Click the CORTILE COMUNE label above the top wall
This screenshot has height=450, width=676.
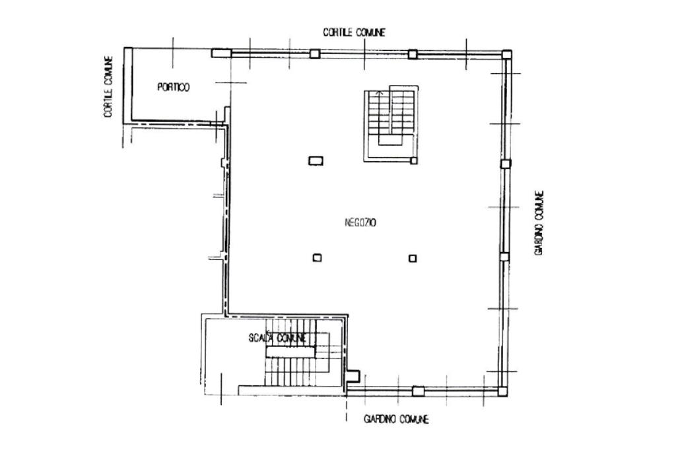pyautogui.click(x=354, y=32)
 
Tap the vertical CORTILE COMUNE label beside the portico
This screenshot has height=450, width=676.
pyautogui.click(x=108, y=86)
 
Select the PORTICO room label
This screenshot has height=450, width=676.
pyautogui.click(x=174, y=87)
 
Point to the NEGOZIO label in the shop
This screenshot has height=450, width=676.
pyautogui.click(x=360, y=222)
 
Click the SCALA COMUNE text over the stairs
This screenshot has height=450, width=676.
pyautogui.click(x=278, y=338)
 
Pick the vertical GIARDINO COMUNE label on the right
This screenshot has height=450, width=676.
pyautogui.click(x=539, y=223)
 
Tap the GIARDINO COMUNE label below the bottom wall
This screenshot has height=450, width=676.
pyautogui.click(x=396, y=419)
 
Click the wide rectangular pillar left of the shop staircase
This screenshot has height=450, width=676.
pyautogui.click(x=316, y=161)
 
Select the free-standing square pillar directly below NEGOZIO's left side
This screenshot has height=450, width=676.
pyautogui.click(x=318, y=258)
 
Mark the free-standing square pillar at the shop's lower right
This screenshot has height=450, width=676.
pyautogui.click(x=413, y=258)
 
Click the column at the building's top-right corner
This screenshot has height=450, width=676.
pyautogui.click(x=506, y=54)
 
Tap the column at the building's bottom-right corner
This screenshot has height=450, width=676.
pyautogui.click(x=502, y=391)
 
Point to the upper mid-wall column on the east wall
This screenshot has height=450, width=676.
pyautogui.click(x=506, y=164)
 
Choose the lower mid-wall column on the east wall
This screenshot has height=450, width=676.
pyautogui.click(x=504, y=257)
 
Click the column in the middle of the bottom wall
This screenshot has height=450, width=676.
pyautogui.click(x=418, y=391)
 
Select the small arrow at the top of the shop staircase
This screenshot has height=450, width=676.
pyautogui.click(x=380, y=92)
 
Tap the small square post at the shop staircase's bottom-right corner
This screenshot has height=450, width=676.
pyautogui.click(x=414, y=161)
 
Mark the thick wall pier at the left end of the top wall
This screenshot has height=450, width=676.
pyautogui.click(x=221, y=53)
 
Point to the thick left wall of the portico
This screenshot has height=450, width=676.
pyautogui.click(x=127, y=84)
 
